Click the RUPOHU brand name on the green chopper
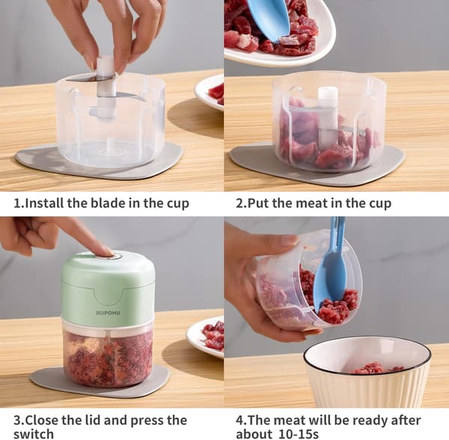click(x=108, y=313)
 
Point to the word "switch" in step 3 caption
click(x=34, y=434)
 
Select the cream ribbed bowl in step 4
click(x=367, y=372)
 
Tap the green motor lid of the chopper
click(x=109, y=289)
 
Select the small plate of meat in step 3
click(x=206, y=337)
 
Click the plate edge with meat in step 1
click(x=210, y=92)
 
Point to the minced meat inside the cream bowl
click(x=375, y=368)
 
